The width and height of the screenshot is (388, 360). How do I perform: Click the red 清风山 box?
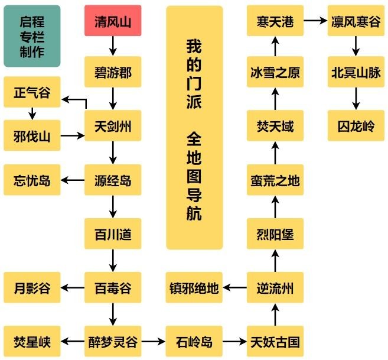click(113, 21)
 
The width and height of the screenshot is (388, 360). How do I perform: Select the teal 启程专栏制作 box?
click(32, 36)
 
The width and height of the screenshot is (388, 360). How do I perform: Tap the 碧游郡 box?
click(113, 72)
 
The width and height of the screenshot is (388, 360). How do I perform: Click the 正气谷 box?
click(32, 92)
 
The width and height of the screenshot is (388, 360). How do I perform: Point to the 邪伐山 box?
click(32, 135)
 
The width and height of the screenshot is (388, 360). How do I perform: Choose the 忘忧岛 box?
click(32, 180)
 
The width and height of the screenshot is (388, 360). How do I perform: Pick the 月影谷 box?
click(32, 287)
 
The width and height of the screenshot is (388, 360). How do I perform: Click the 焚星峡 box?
click(32, 342)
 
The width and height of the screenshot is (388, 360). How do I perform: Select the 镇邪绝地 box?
click(194, 287)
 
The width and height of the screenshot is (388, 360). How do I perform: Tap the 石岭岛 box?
click(194, 342)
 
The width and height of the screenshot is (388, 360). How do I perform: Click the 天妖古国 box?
click(275, 342)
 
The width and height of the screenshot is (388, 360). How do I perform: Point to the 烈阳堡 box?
click(275, 233)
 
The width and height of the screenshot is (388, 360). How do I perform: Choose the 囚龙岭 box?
click(356, 126)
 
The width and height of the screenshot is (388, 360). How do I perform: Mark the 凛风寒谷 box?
click(356, 21)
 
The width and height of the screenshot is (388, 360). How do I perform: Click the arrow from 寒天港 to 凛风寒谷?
click(315, 21)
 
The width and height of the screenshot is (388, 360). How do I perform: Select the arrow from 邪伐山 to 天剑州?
click(73, 135)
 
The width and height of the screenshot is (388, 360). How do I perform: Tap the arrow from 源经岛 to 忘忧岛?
click(73, 180)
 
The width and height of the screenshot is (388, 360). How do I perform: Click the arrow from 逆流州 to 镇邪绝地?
click(234, 287)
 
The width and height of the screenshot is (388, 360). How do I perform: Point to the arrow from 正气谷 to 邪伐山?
click(32, 113)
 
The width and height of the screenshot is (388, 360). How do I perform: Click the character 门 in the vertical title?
click(194, 83)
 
